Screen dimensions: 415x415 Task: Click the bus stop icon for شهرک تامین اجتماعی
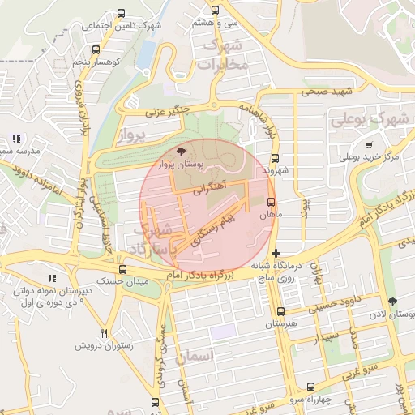click(121, 14)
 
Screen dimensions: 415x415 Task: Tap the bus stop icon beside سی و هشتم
click(215, 11)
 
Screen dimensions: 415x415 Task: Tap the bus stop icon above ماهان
click(271, 203)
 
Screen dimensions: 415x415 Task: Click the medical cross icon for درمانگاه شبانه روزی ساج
click(276, 254)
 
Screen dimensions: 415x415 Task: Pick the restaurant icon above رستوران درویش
click(104, 333)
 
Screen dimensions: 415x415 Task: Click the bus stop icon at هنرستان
click(280, 311)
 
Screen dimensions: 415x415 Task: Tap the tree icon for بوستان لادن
click(392, 302)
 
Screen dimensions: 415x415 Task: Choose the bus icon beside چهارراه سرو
click(310, 387)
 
